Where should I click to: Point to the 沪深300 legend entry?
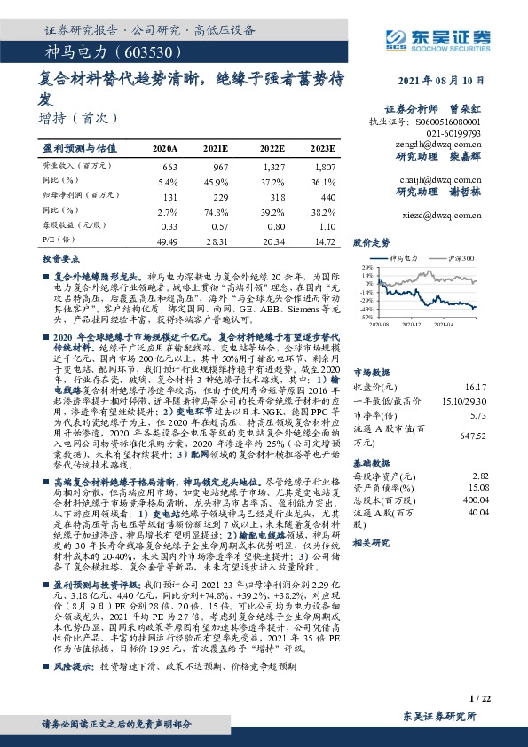[x=461, y=257]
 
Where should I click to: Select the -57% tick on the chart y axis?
[x=366, y=315]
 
